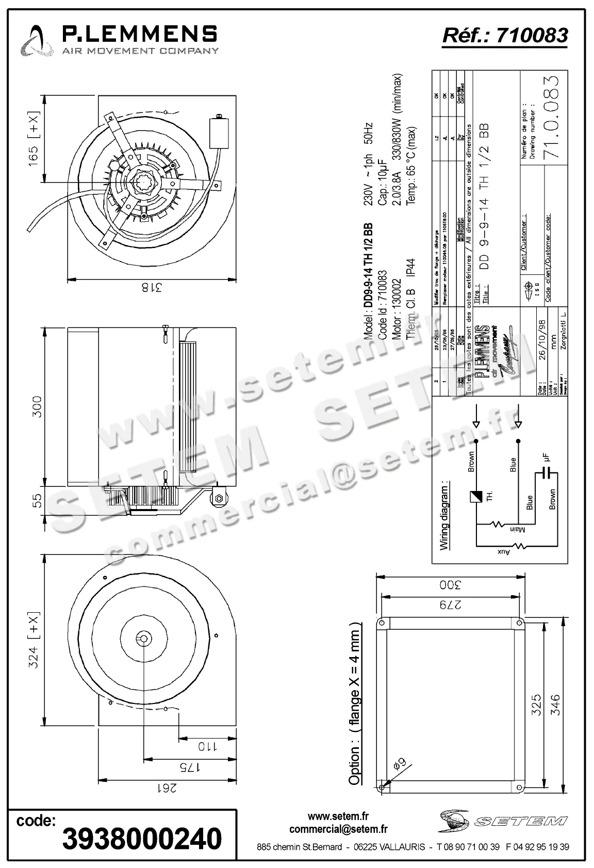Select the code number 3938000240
(142, 839)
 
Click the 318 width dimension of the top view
(151, 288)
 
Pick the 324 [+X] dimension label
(33, 640)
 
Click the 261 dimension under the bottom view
(166, 788)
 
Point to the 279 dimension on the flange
(450, 605)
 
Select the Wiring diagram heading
(443, 516)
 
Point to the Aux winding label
(503, 552)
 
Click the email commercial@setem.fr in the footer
(338, 829)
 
